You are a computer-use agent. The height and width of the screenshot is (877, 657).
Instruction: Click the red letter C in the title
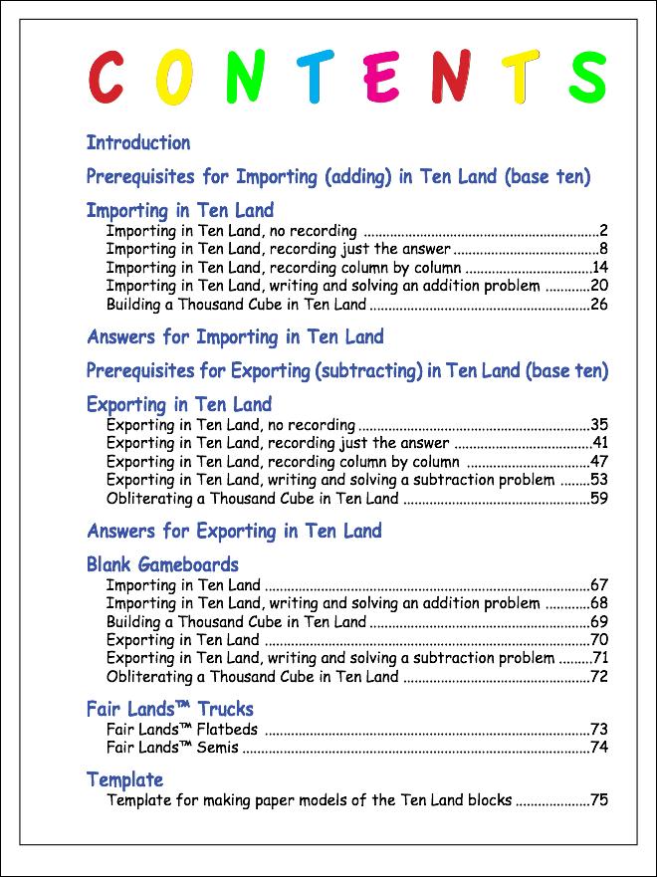coord(107,77)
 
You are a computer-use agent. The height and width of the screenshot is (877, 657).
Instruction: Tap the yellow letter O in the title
coord(173,78)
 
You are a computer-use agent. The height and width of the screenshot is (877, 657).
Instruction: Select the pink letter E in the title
coord(381,78)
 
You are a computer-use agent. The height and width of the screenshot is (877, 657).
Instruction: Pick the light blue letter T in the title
coord(314,78)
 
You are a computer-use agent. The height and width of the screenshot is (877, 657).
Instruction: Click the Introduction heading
coord(138,143)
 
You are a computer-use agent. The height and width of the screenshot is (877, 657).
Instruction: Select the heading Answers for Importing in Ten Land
coord(235,336)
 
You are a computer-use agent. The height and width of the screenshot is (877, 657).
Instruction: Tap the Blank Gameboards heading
coord(163,565)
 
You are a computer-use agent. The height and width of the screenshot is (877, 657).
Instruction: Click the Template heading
coord(124,779)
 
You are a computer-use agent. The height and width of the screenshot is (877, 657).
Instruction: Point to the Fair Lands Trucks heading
coord(170,710)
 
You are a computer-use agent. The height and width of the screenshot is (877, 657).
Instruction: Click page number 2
coord(603,231)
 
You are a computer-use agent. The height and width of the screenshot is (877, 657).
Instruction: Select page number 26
coord(599,305)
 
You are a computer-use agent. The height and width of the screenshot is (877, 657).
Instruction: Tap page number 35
coord(599,425)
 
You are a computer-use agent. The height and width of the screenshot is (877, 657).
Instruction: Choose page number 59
coord(599,499)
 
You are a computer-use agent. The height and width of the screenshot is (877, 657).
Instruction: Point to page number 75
coord(599,799)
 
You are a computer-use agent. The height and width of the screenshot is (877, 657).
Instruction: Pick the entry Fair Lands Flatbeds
coord(182,730)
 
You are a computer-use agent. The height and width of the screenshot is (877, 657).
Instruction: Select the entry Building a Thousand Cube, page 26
coord(237,305)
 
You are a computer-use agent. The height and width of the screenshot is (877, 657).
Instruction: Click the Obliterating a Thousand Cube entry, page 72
coord(253,677)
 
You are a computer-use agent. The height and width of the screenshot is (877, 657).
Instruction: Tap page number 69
coord(599,622)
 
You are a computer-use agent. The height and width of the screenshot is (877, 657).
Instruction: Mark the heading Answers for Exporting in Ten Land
coord(235,531)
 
